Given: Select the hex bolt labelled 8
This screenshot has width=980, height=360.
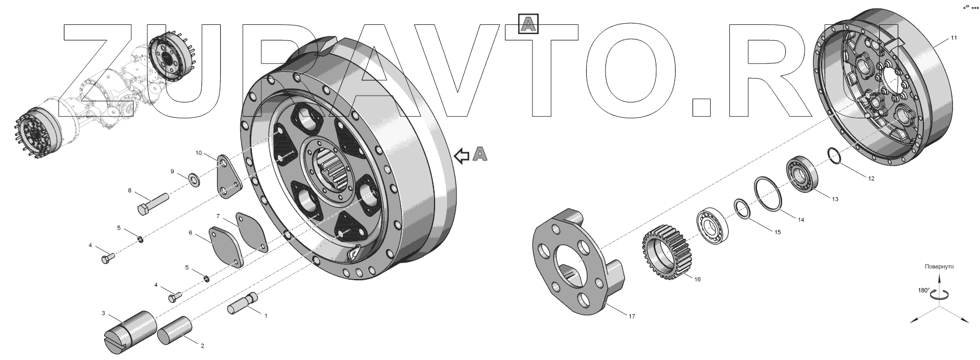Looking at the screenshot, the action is tap(153, 204).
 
